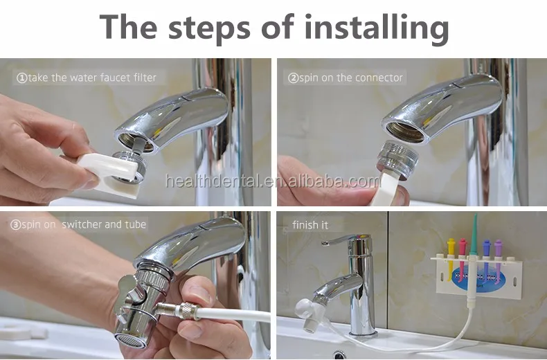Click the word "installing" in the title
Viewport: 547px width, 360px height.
[368, 27]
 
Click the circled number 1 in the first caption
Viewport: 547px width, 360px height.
[21, 78]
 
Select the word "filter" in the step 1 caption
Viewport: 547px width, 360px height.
[142, 78]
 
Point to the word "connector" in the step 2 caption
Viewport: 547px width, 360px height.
[379, 78]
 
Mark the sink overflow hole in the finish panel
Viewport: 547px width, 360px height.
[340, 354]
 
